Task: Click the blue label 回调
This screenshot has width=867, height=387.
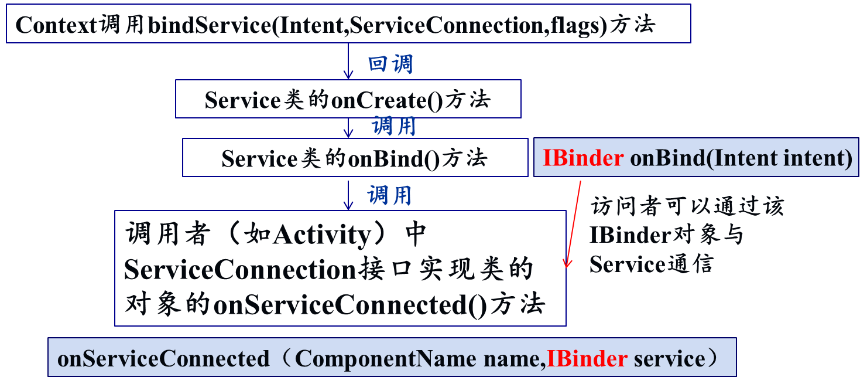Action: click(390, 64)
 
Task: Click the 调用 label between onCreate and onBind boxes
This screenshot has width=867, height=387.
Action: click(394, 126)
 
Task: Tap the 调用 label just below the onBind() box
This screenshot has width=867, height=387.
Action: click(390, 195)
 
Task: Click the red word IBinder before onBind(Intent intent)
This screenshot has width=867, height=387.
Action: click(582, 158)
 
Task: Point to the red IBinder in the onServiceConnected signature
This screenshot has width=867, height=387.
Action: click(587, 358)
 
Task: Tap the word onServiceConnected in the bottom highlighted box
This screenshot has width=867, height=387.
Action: click(163, 358)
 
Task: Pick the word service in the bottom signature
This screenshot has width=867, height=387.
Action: click(669, 358)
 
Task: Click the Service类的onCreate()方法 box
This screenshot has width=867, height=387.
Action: click(348, 99)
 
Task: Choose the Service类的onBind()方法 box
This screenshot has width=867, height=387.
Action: click(355, 158)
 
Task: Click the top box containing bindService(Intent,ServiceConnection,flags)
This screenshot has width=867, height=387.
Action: click(348, 23)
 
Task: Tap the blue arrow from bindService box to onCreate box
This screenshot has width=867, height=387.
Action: click(348, 61)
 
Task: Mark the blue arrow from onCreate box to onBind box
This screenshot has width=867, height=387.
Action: click(348, 128)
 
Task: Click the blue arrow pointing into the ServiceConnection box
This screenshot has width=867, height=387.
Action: click(348, 195)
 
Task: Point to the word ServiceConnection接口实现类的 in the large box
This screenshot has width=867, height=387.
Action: click(328, 270)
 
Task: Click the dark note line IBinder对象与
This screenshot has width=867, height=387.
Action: click(666, 235)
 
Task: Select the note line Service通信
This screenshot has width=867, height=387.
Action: click(650, 264)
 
